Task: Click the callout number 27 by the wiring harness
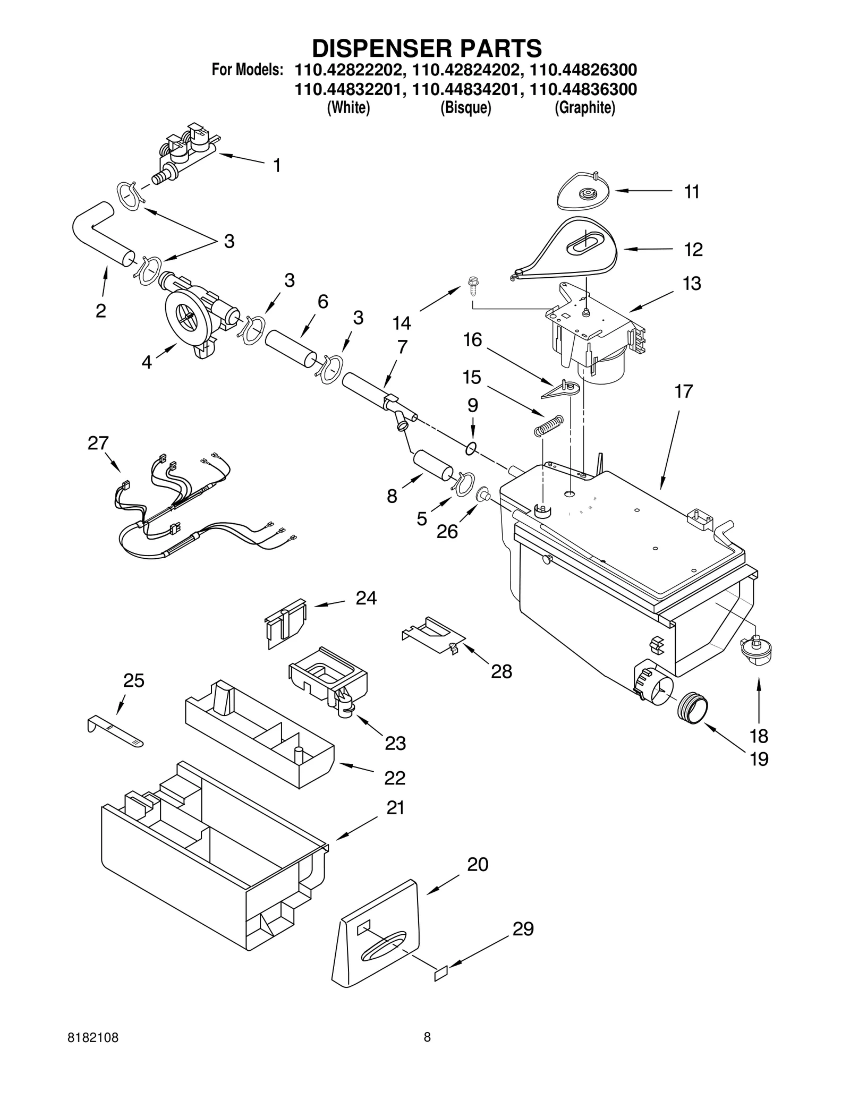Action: [98, 443]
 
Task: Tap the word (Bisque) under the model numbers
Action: [465, 108]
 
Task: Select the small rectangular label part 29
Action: [441, 974]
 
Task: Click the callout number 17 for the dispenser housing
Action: [683, 391]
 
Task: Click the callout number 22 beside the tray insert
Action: [395, 778]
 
